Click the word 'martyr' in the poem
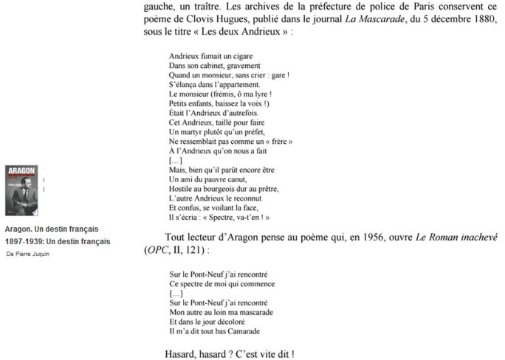click(x=186, y=131)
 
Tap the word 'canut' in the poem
click(x=236, y=179)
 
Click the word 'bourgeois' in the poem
click(x=214, y=189)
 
